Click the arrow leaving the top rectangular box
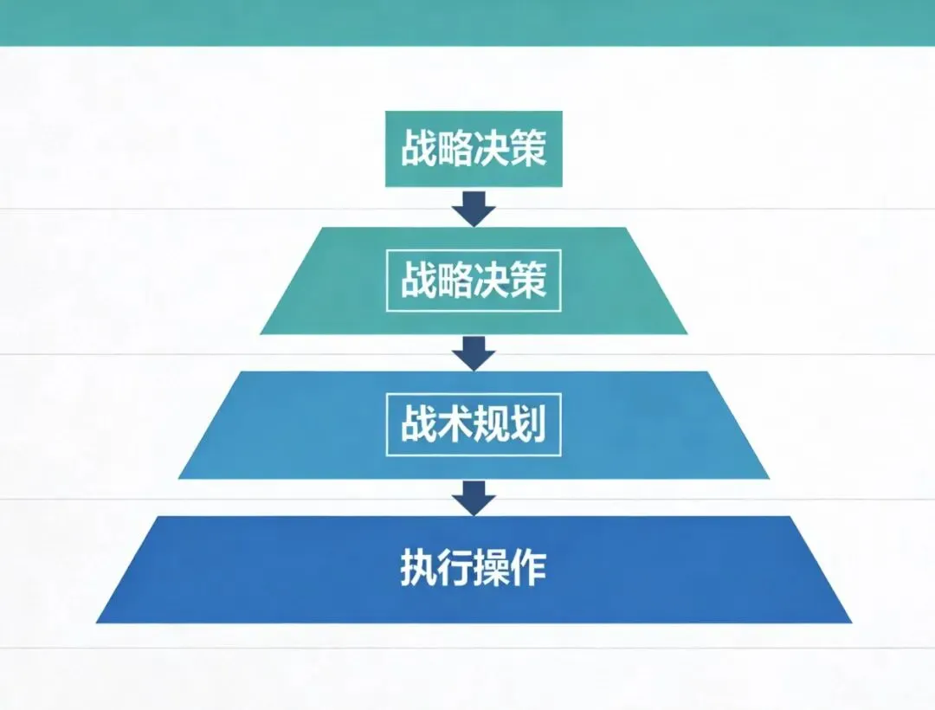point(474,207)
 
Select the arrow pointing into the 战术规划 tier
point(474,352)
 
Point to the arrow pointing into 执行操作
point(474,497)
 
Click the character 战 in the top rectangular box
point(418,150)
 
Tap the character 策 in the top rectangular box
point(529,150)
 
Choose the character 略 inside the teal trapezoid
point(455,282)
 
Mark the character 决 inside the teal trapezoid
point(492,282)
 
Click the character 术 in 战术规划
point(455,426)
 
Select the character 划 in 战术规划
point(529,426)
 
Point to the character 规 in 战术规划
point(492,426)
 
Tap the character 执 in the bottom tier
point(418,569)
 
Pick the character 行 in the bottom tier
point(455,569)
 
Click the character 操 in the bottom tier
point(492,569)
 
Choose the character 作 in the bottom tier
point(529,569)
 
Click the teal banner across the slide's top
point(467,22)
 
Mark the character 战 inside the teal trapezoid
point(418,282)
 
